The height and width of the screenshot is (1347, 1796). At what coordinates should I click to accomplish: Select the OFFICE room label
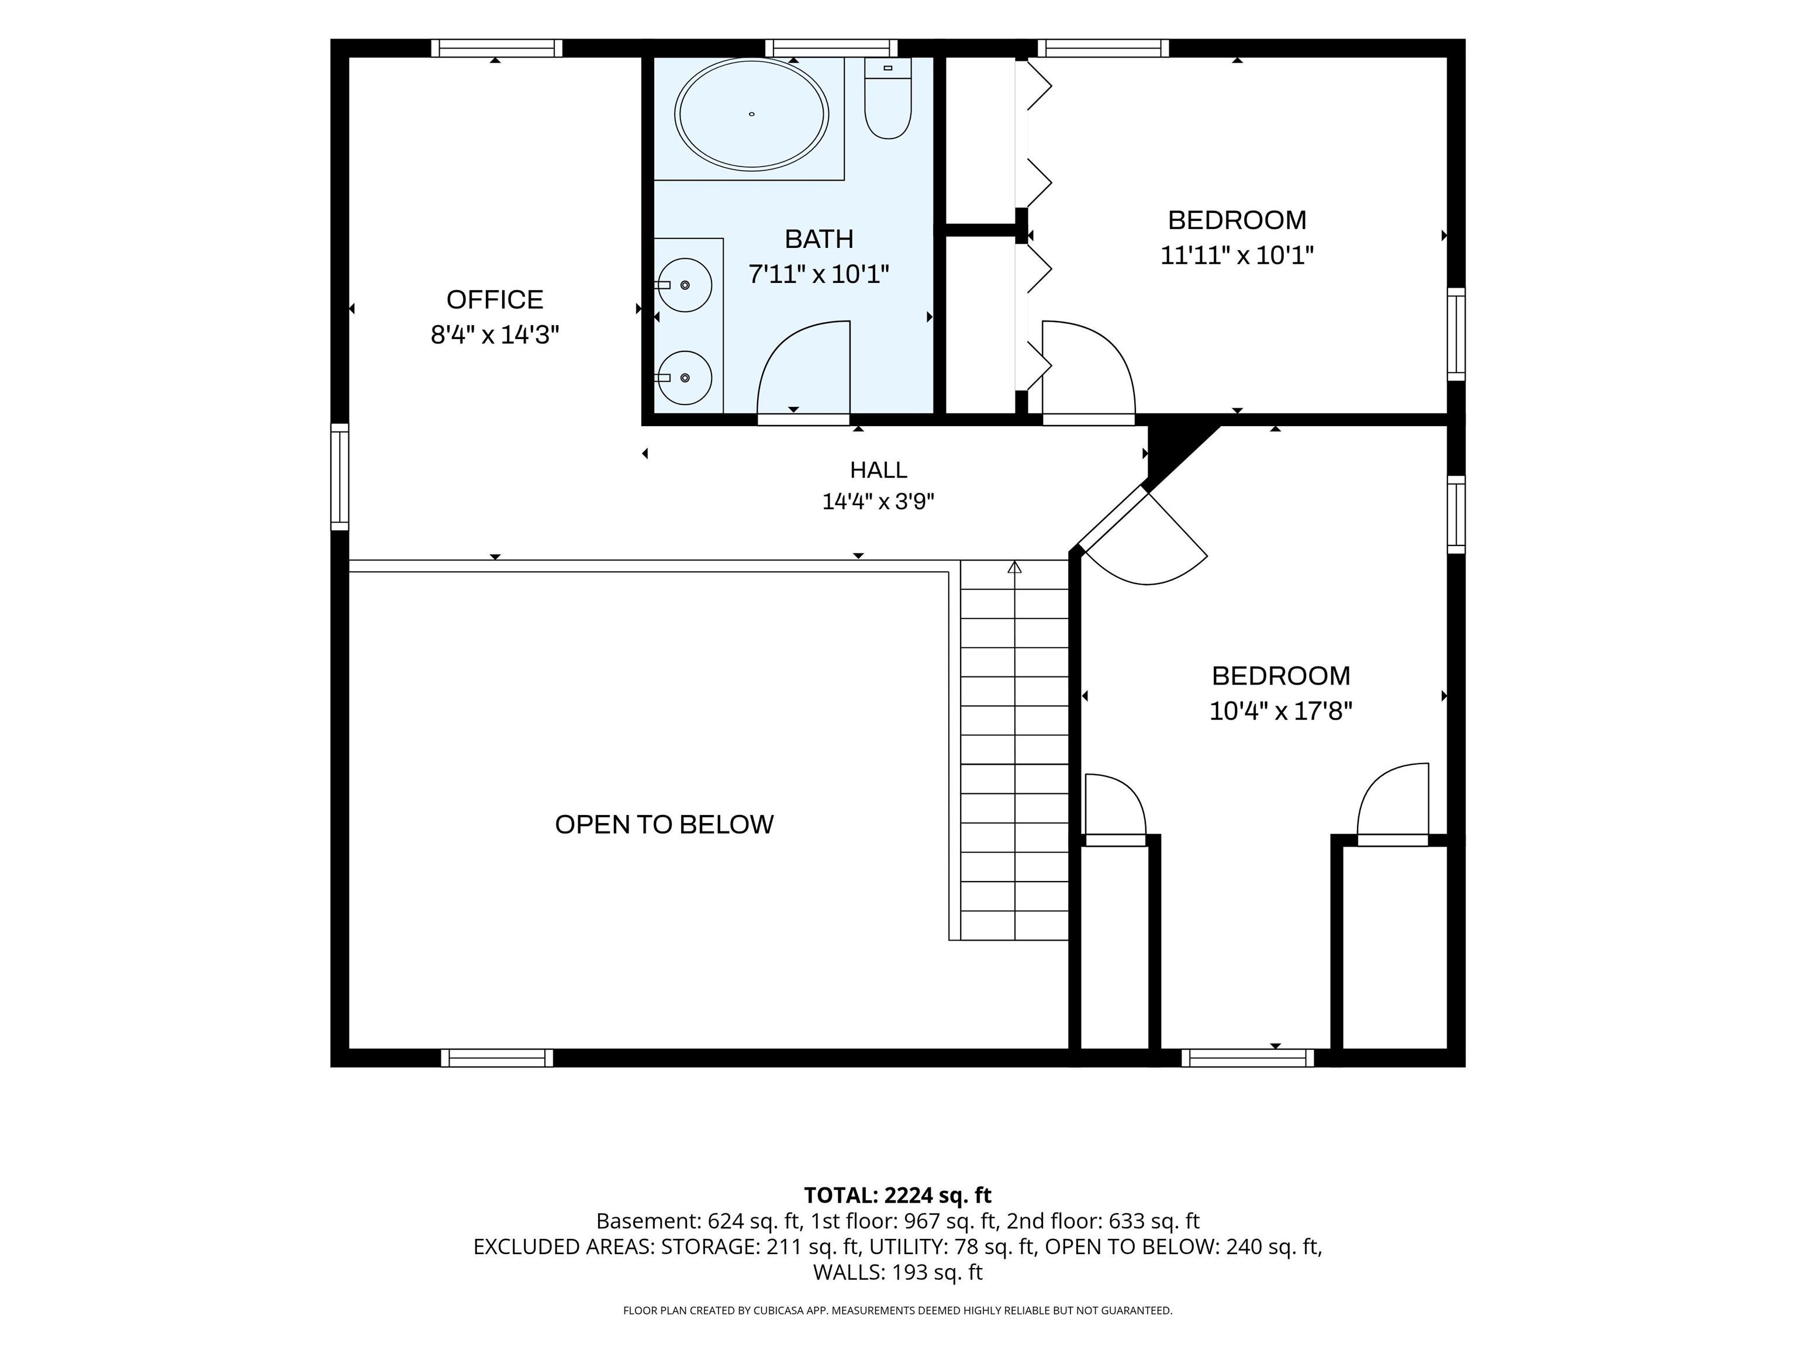(x=495, y=299)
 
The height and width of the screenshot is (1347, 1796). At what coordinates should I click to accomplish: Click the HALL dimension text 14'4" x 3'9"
(x=879, y=502)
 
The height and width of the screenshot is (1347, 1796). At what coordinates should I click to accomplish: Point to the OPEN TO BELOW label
(x=664, y=825)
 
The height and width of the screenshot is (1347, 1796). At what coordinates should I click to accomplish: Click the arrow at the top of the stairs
(x=1014, y=567)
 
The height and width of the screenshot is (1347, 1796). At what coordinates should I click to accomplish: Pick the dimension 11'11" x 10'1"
(x=1237, y=255)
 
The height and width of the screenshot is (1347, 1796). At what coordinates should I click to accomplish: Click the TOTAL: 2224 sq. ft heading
(x=898, y=1195)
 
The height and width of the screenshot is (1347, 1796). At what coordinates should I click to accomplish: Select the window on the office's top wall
(x=496, y=48)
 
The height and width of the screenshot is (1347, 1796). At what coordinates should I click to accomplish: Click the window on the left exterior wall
(x=340, y=476)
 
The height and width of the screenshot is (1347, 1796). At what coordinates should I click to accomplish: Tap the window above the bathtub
(x=831, y=48)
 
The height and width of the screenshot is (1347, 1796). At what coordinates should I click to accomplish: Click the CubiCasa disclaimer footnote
(x=898, y=1311)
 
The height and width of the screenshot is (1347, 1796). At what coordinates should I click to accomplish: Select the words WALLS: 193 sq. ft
(x=898, y=1272)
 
